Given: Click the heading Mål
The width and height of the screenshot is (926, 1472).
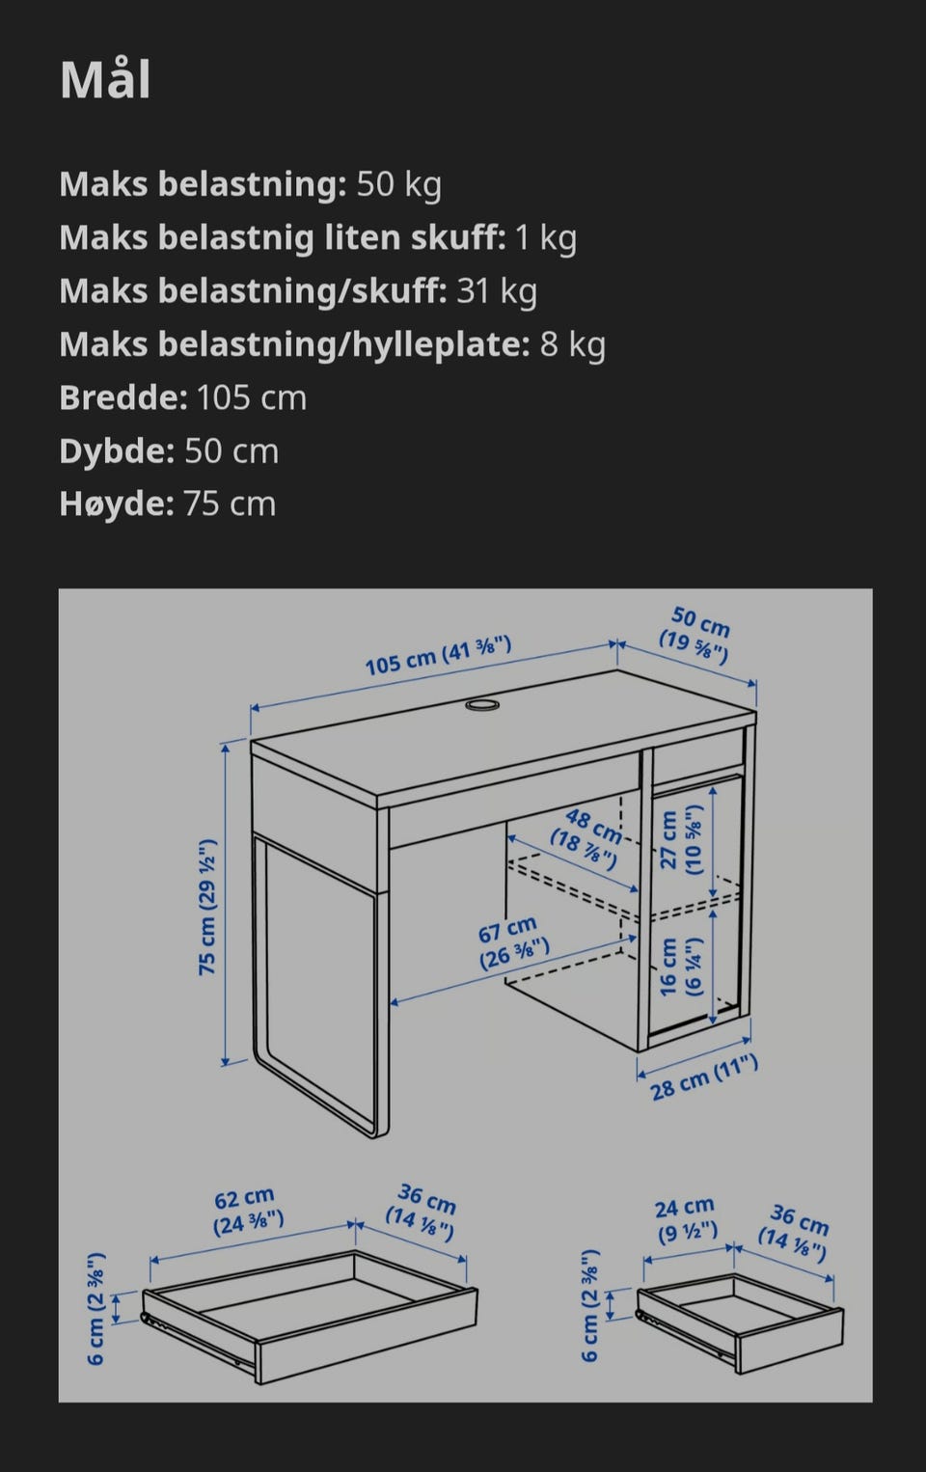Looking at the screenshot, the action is [105, 81].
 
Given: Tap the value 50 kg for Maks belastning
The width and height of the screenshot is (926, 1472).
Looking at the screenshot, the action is [399, 184].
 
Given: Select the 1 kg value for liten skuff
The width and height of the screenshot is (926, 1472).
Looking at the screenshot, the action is [546, 238].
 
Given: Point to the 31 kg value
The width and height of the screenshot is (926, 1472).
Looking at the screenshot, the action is [497, 291].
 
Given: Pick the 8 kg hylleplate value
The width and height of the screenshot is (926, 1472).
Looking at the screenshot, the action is [572, 344].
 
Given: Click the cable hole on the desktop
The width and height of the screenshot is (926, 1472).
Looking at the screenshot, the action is [482, 705].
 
